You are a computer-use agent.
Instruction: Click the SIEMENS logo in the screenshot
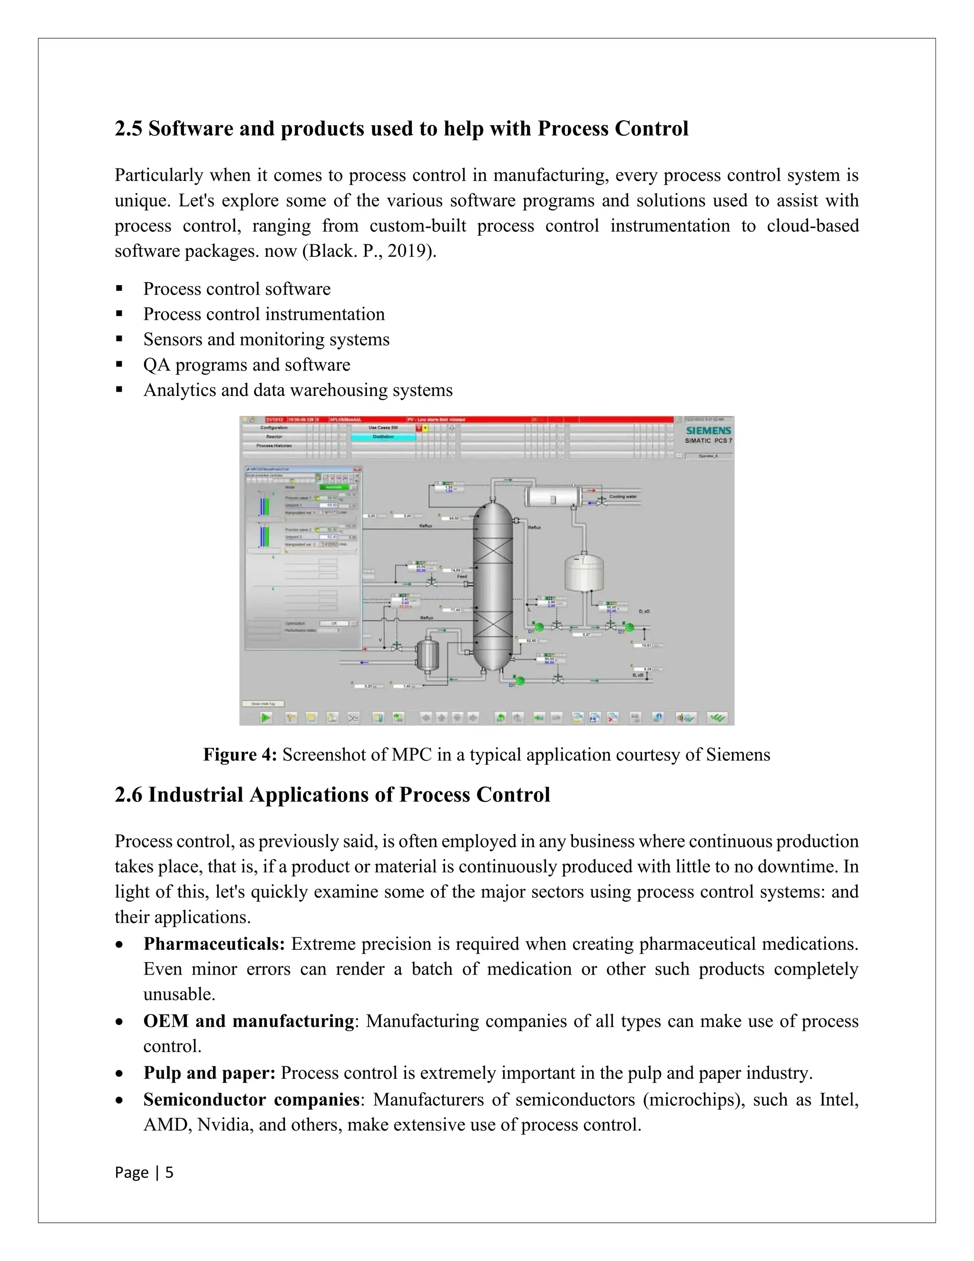(x=708, y=430)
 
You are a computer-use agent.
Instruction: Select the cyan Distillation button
(x=383, y=437)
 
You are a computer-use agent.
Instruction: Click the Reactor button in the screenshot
(x=274, y=437)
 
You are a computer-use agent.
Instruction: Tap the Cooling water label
(x=623, y=496)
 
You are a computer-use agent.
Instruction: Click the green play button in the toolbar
(x=265, y=718)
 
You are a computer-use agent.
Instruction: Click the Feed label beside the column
(x=462, y=576)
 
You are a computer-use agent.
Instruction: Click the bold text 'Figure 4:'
(x=240, y=755)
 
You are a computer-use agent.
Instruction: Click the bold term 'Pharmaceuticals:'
(x=214, y=944)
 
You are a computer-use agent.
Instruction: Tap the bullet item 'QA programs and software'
(x=246, y=365)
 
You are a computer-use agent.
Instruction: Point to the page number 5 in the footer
(x=169, y=1172)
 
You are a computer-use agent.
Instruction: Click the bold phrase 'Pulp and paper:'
(x=209, y=1073)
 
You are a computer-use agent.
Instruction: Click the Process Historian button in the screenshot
(x=274, y=446)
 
